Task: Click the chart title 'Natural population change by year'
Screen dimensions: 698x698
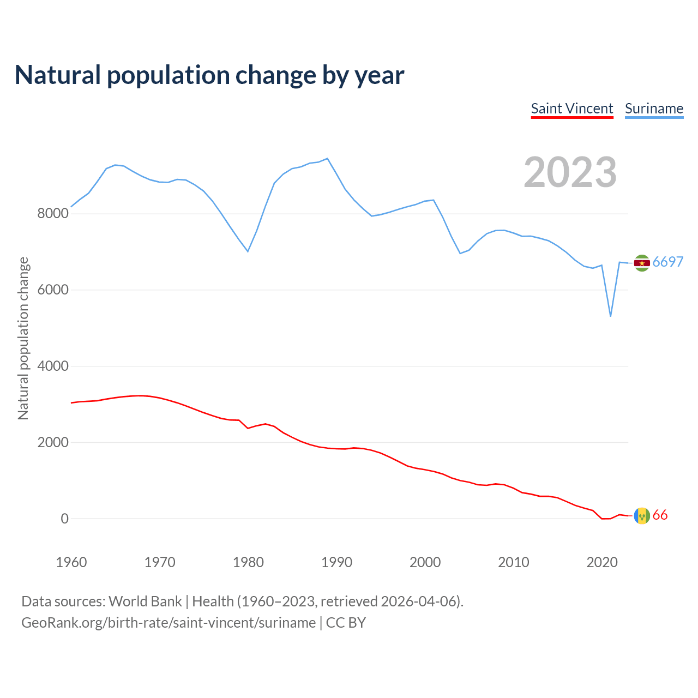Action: (x=209, y=75)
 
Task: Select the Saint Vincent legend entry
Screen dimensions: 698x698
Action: (x=572, y=109)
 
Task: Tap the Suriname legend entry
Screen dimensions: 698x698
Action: (x=654, y=109)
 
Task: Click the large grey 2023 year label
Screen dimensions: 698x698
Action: (x=570, y=172)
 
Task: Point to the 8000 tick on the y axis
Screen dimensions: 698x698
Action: (x=53, y=213)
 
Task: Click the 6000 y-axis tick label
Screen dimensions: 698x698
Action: (x=53, y=290)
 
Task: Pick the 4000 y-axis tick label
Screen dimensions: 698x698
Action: (x=53, y=366)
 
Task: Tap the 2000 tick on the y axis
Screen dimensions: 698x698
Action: (x=53, y=442)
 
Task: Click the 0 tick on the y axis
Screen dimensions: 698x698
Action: (x=65, y=519)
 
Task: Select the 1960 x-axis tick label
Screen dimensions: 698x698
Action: (x=71, y=562)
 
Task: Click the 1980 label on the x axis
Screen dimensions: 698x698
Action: (x=248, y=562)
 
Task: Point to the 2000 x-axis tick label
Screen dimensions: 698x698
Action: (x=425, y=562)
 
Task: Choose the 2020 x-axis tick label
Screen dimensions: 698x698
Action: (x=601, y=562)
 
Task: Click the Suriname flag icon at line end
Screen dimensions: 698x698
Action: (x=642, y=263)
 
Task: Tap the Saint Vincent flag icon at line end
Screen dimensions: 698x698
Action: (x=642, y=515)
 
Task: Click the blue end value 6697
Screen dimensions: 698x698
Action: (x=668, y=262)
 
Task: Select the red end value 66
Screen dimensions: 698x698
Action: (x=660, y=515)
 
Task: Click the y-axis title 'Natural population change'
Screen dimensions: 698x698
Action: (x=23, y=339)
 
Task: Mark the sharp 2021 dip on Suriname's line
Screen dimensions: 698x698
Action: (x=611, y=316)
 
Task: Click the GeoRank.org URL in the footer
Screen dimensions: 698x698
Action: (x=169, y=623)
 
